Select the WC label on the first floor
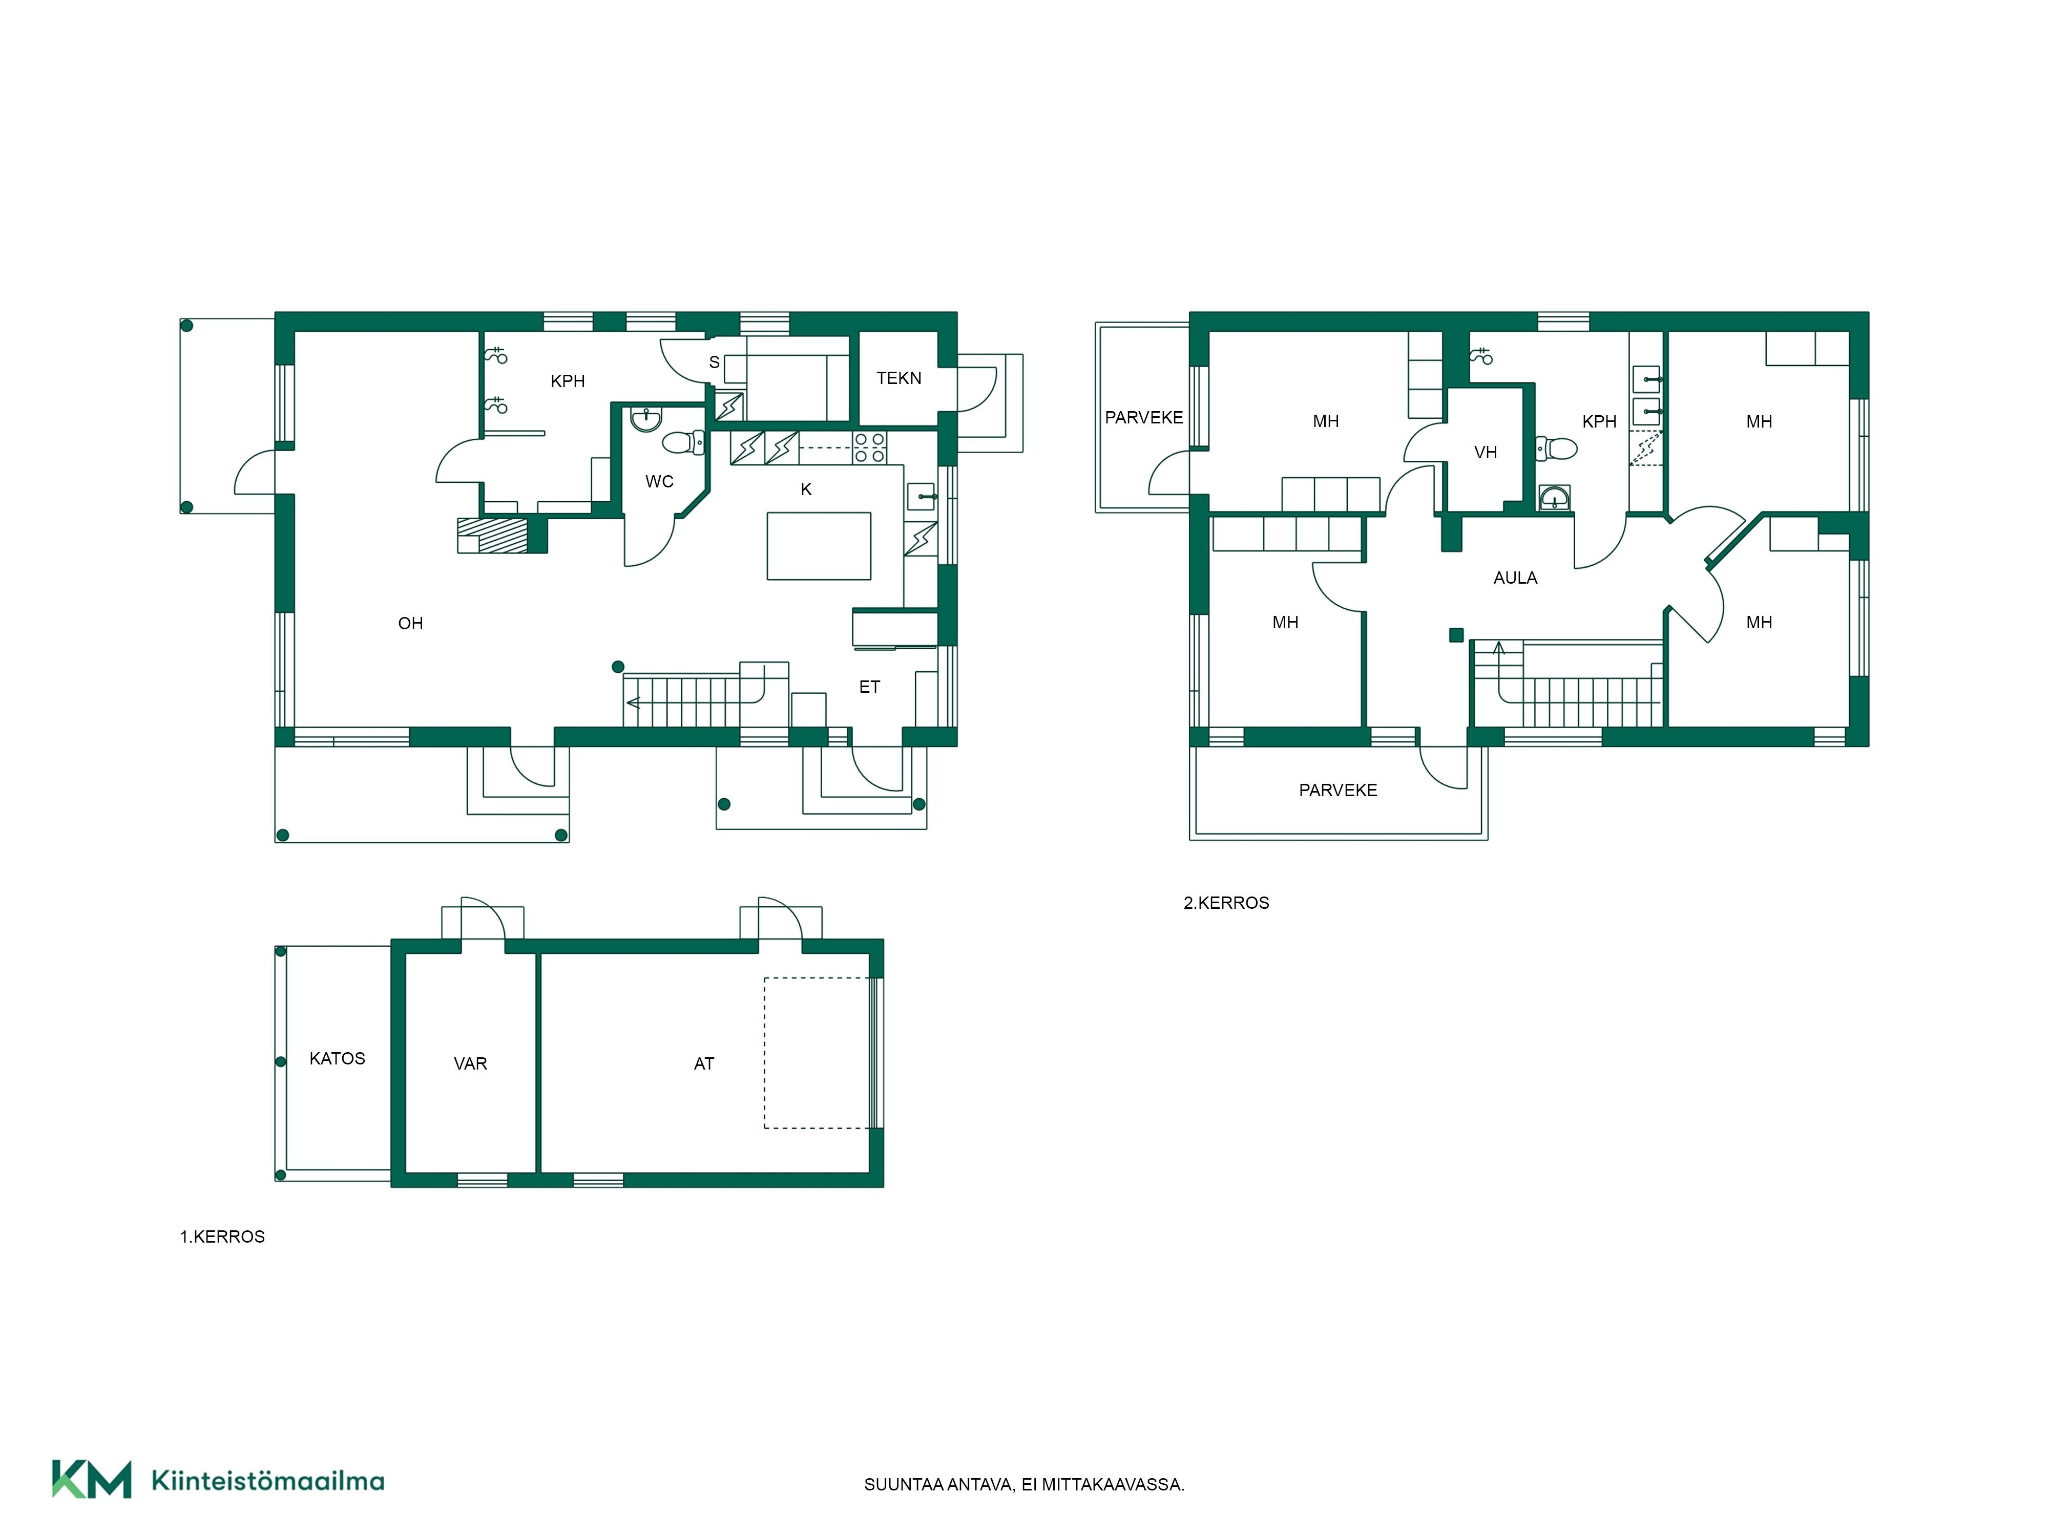(x=660, y=481)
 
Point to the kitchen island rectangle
(x=819, y=546)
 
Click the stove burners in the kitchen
(x=869, y=448)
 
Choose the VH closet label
(x=1486, y=453)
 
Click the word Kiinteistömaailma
(x=268, y=1481)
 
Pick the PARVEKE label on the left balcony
(x=1144, y=418)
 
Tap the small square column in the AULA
(x=1456, y=635)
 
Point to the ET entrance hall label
(x=869, y=687)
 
